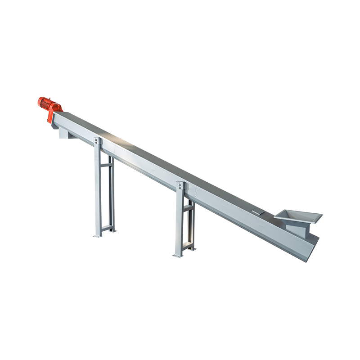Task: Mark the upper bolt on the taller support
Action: [x=97, y=140]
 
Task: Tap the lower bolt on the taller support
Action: [x=97, y=144]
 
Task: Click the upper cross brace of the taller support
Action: [x=107, y=165]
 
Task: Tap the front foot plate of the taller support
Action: [x=98, y=235]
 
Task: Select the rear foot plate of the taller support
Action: [x=112, y=231]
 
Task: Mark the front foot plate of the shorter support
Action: [x=178, y=255]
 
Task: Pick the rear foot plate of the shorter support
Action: [x=192, y=248]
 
